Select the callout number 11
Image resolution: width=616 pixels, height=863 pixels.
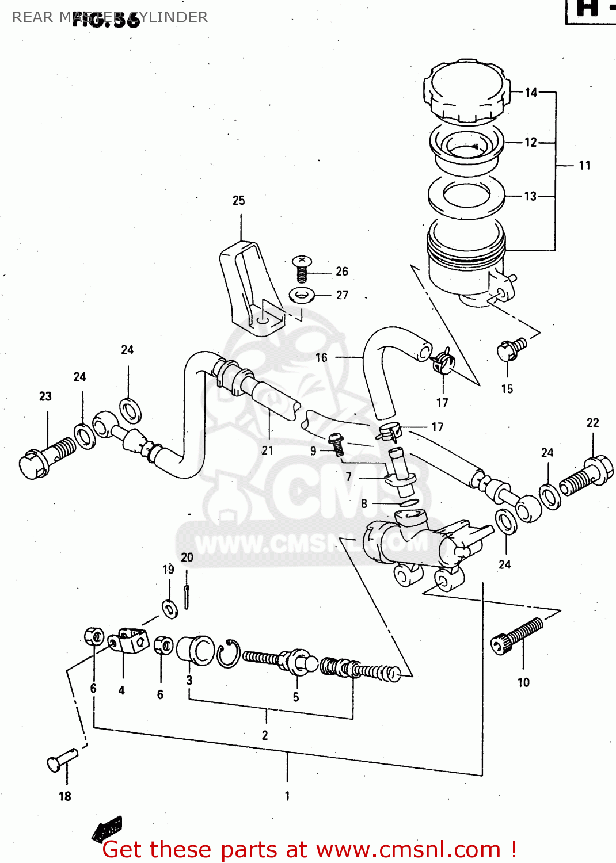tap(584, 166)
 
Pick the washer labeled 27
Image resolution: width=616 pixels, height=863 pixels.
tap(301, 296)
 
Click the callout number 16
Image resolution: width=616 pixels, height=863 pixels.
tap(321, 358)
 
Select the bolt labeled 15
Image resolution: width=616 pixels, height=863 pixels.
tap(510, 349)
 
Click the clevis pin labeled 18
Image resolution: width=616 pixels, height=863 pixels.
tap(61, 760)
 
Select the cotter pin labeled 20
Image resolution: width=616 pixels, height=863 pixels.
tap(187, 596)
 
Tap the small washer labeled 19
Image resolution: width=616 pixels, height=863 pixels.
tap(170, 608)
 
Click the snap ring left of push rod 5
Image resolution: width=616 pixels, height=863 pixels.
tap(227, 654)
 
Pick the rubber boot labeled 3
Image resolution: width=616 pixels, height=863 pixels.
tap(195, 650)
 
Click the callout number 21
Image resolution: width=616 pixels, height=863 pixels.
tap(267, 450)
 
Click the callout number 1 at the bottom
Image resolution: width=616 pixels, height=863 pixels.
tap(287, 796)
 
